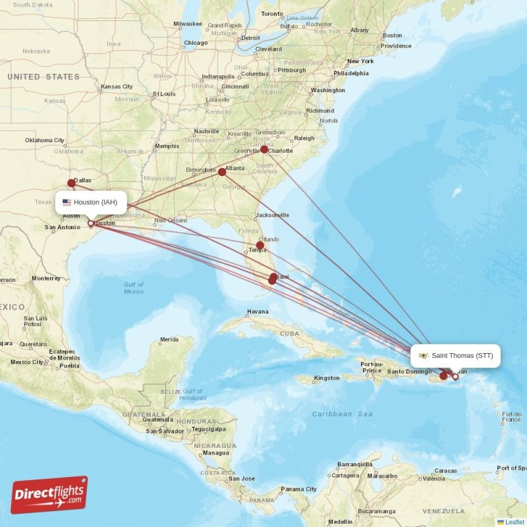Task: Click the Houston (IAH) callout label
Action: (90, 202)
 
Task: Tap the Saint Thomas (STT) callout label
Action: (456, 356)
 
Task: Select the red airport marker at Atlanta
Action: (222, 172)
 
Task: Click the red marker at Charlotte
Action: (264, 150)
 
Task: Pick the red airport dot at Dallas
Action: (71, 183)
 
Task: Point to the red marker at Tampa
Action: (260, 245)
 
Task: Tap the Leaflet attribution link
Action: (514, 522)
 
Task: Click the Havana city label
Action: (258, 312)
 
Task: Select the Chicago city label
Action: (196, 43)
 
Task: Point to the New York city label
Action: (360, 61)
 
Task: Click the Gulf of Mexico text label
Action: (134, 288)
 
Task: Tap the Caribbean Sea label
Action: (343, 414)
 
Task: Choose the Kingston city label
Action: (327, 378)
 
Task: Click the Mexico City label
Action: (26, 362)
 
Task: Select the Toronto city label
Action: (271, 13)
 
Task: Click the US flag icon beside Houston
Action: (67, 202)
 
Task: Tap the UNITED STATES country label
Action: (43, 77)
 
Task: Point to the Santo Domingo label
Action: (409, 372)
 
